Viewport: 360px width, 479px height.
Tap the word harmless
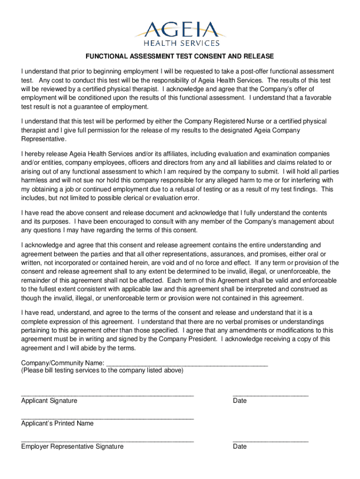point(34,180)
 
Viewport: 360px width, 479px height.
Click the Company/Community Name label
point(63,363)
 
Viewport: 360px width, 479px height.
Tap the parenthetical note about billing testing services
point(102,370)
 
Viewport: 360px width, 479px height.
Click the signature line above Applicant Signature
point(107,395)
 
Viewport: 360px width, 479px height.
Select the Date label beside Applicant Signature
point(239,401)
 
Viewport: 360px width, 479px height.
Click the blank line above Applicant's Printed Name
point(107,418)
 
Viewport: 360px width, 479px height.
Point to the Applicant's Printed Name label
point(57,423)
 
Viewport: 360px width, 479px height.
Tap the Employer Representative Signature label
point(72,446)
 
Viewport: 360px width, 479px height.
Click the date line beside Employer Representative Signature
point(270,441)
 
